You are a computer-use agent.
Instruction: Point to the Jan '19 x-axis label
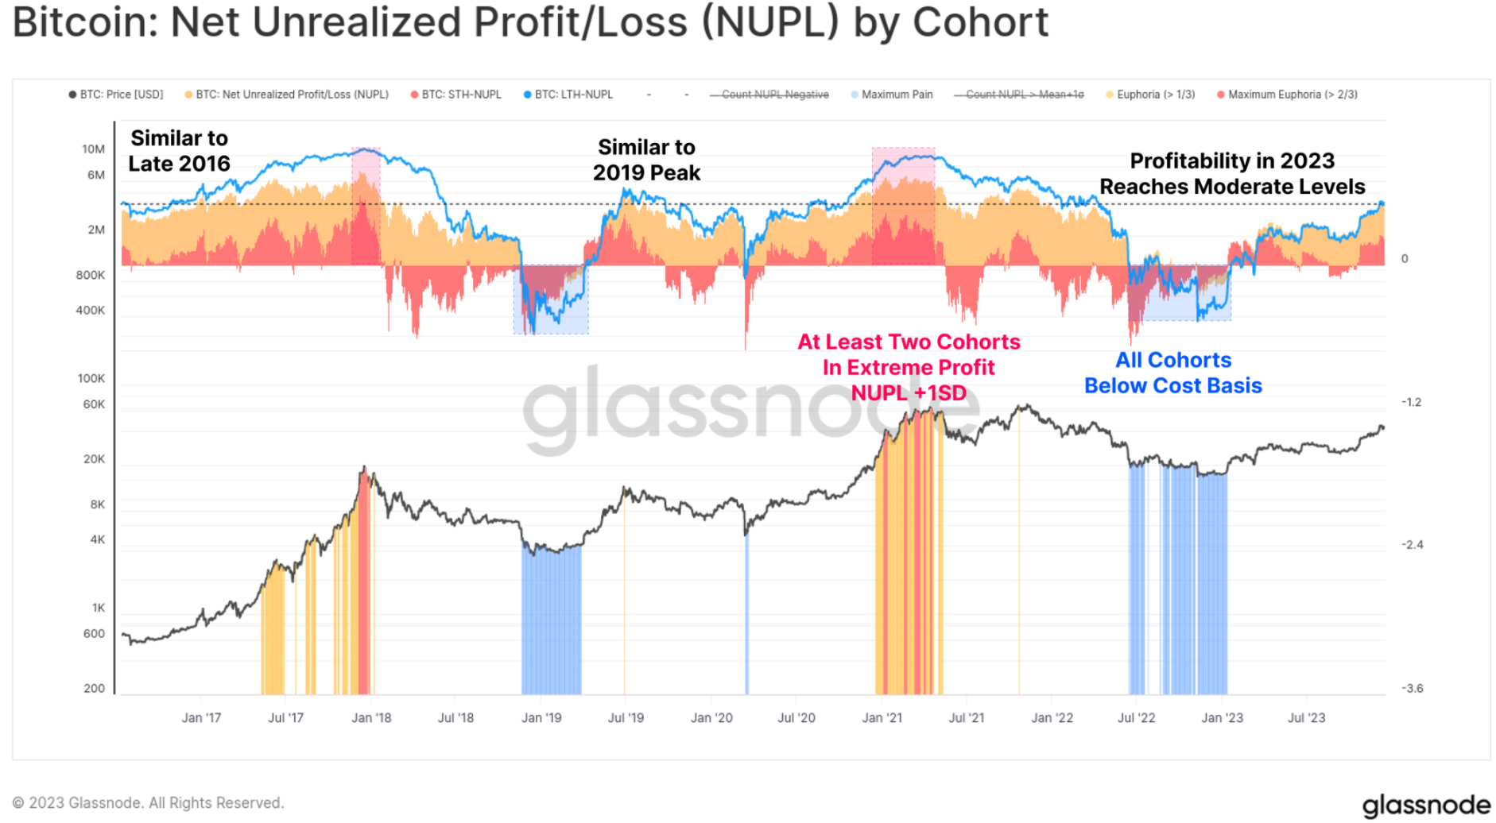pyautogui.click(x=541, y=718)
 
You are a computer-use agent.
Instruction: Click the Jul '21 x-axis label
pyautogui.click(x=966, y=718)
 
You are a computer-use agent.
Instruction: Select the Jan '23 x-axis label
pyautogui.click(x=1222, y=718)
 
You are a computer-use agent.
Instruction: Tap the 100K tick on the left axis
pyautogui.click(x=91, y=379)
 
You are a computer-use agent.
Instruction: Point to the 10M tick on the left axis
pyautogui.click(x=93, y=149)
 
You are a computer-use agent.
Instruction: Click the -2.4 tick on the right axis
pyautogui.click(x=1411, y=545)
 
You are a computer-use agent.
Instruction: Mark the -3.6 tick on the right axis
pyautogui.click(x=1411, y=689)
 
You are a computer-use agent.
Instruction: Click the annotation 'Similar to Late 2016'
pyautogui.click(x=179, y=151)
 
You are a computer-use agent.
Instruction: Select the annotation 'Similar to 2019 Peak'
pyautogui.click(x=646, y=160)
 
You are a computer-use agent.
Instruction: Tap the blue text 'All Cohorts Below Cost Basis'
pyautogui.click(x=1172, y=373)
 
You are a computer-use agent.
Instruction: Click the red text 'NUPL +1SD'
pyautogui.click(x=909, y=393)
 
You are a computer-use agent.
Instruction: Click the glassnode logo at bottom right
pyautogui.click(x=1425, y=806)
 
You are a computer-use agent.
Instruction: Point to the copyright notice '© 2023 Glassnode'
pyautogui.click(x=148, y=803)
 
